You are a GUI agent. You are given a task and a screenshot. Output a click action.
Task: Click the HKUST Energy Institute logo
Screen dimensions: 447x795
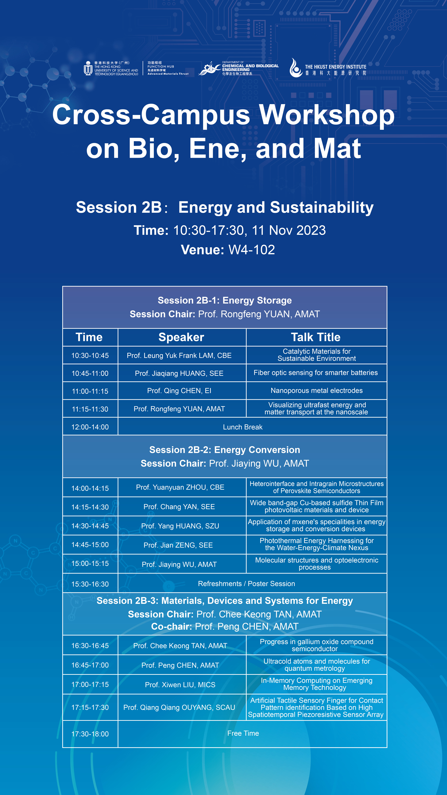328,68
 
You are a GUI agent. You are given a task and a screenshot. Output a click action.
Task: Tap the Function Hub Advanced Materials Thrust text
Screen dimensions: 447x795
168,68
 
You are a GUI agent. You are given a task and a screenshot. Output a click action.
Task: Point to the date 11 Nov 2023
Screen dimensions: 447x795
289,230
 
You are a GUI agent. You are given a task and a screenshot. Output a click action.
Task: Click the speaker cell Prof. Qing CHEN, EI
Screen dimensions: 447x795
179,391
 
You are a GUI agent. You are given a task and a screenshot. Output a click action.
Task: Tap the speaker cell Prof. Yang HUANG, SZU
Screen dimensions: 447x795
180,526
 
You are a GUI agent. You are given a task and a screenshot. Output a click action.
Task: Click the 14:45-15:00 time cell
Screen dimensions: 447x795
90,545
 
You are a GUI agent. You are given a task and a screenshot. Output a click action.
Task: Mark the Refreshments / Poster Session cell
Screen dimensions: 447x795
246,584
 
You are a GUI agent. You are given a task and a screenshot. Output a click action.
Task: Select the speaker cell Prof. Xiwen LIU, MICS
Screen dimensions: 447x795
180,685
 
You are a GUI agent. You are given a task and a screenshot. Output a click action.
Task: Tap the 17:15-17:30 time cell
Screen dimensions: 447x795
90,707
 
